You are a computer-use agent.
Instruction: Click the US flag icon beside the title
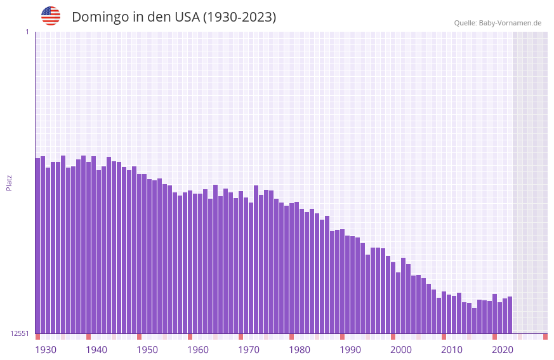tap(51, 16)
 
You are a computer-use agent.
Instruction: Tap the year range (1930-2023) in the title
tap(239, 17)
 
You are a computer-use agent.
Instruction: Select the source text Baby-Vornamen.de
tap(510, 23)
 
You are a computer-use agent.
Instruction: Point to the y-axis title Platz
tap(9, 182)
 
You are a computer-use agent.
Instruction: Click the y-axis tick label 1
tap(27, 32)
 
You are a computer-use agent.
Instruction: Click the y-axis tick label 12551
tap(19, 333)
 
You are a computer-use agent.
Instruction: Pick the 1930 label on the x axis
tap(46, 350)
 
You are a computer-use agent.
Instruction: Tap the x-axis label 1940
tap(96, 350)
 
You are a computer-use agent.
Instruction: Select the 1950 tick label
tap(147, 350)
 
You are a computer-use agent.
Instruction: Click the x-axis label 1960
tap(198, 350)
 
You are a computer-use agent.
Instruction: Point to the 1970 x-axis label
tap(249, 350)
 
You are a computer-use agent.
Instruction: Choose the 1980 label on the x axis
tap(300, 350)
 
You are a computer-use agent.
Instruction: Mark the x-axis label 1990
tap(350, 350)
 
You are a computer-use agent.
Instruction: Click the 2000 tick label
tap(401, 350)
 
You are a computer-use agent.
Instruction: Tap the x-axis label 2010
tap(452, 350)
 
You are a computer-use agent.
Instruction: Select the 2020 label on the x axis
tap(503, 350)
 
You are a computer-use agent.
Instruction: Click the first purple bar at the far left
tap(37, 248)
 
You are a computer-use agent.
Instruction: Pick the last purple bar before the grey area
tap(510, 315)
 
